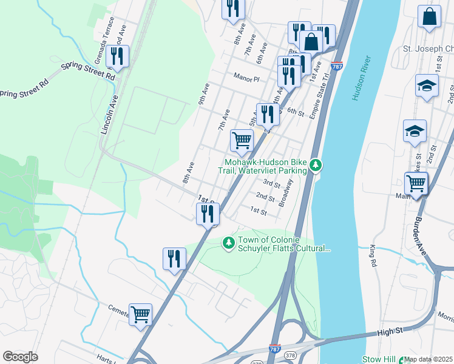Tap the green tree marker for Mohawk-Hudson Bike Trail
click(315, 164)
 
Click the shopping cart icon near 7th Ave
click(242, 141)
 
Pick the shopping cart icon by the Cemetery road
click(140, 314)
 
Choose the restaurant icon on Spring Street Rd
click(116, 56)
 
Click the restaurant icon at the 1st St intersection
click(207, 213)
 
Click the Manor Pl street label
click(247, 78)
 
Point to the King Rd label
click(373, 257)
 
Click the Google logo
click(20, 357)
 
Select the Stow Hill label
click(380, 359)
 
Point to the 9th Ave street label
click(203, 94)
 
